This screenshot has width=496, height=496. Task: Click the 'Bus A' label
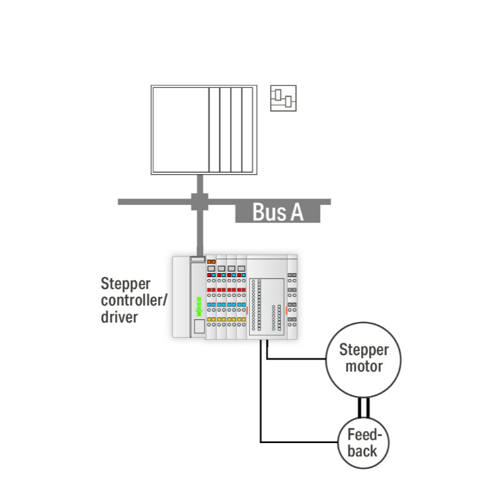click(x=278, y=213)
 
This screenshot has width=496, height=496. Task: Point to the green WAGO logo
click(x=198, y=306)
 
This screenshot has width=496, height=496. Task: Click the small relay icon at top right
click(x=283, y=98)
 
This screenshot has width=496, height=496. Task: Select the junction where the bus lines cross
click(x=199, y=201)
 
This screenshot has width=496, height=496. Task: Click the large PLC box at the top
click(x=203, y=130)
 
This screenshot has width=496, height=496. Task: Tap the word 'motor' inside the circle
click(x=364, y=366)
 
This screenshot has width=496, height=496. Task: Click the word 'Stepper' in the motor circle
click(x=364, y=351)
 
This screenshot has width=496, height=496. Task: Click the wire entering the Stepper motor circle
click(x=298, y=358)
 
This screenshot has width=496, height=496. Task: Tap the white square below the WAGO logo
click(x=198, y=326)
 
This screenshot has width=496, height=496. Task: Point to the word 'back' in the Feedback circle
click(x=362, y=451)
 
